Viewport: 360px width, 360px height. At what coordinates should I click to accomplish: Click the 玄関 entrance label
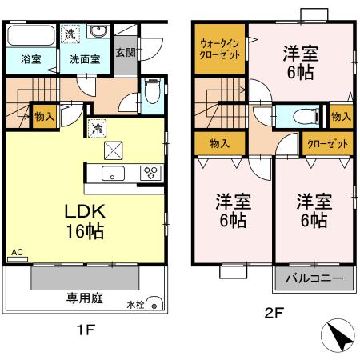(125, 53)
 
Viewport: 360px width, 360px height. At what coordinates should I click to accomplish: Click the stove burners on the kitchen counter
(150, 172)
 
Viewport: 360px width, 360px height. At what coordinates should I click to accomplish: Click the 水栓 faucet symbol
(155, 305)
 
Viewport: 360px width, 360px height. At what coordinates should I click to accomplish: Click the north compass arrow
(340, 335)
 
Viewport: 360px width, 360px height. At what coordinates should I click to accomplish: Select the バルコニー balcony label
(314, 280)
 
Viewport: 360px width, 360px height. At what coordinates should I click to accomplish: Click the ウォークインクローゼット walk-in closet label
(218, 50)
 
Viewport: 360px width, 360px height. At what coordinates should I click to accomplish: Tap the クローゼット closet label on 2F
(329, 144)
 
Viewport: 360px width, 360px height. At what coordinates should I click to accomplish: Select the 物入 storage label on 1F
(45, 117)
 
